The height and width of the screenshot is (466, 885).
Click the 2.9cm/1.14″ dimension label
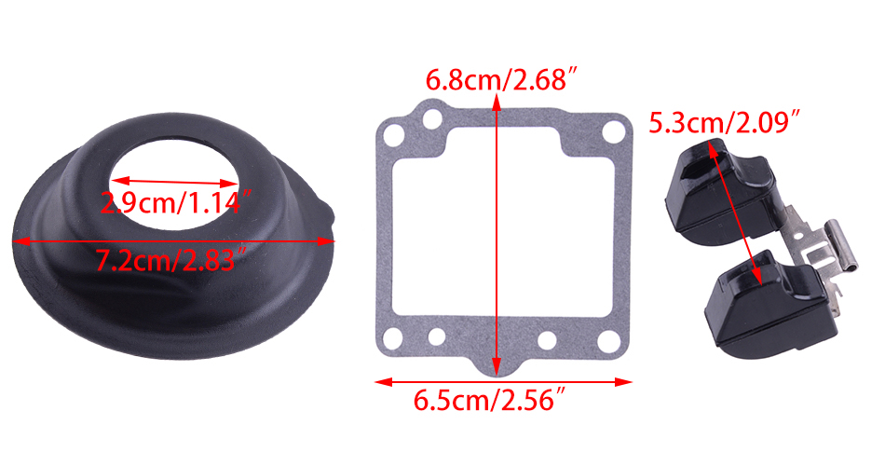click(x=175, y=203)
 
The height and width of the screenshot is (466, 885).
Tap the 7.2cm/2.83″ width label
click(x=171, y=260)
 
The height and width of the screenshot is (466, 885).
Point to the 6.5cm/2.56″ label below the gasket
click(x=489, y=400)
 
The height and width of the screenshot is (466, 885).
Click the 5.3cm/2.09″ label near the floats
click(x=726, y=123)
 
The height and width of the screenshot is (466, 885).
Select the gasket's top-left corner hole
click(x=393, y=136)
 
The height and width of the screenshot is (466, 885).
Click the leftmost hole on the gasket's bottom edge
click(x=393, y=338)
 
